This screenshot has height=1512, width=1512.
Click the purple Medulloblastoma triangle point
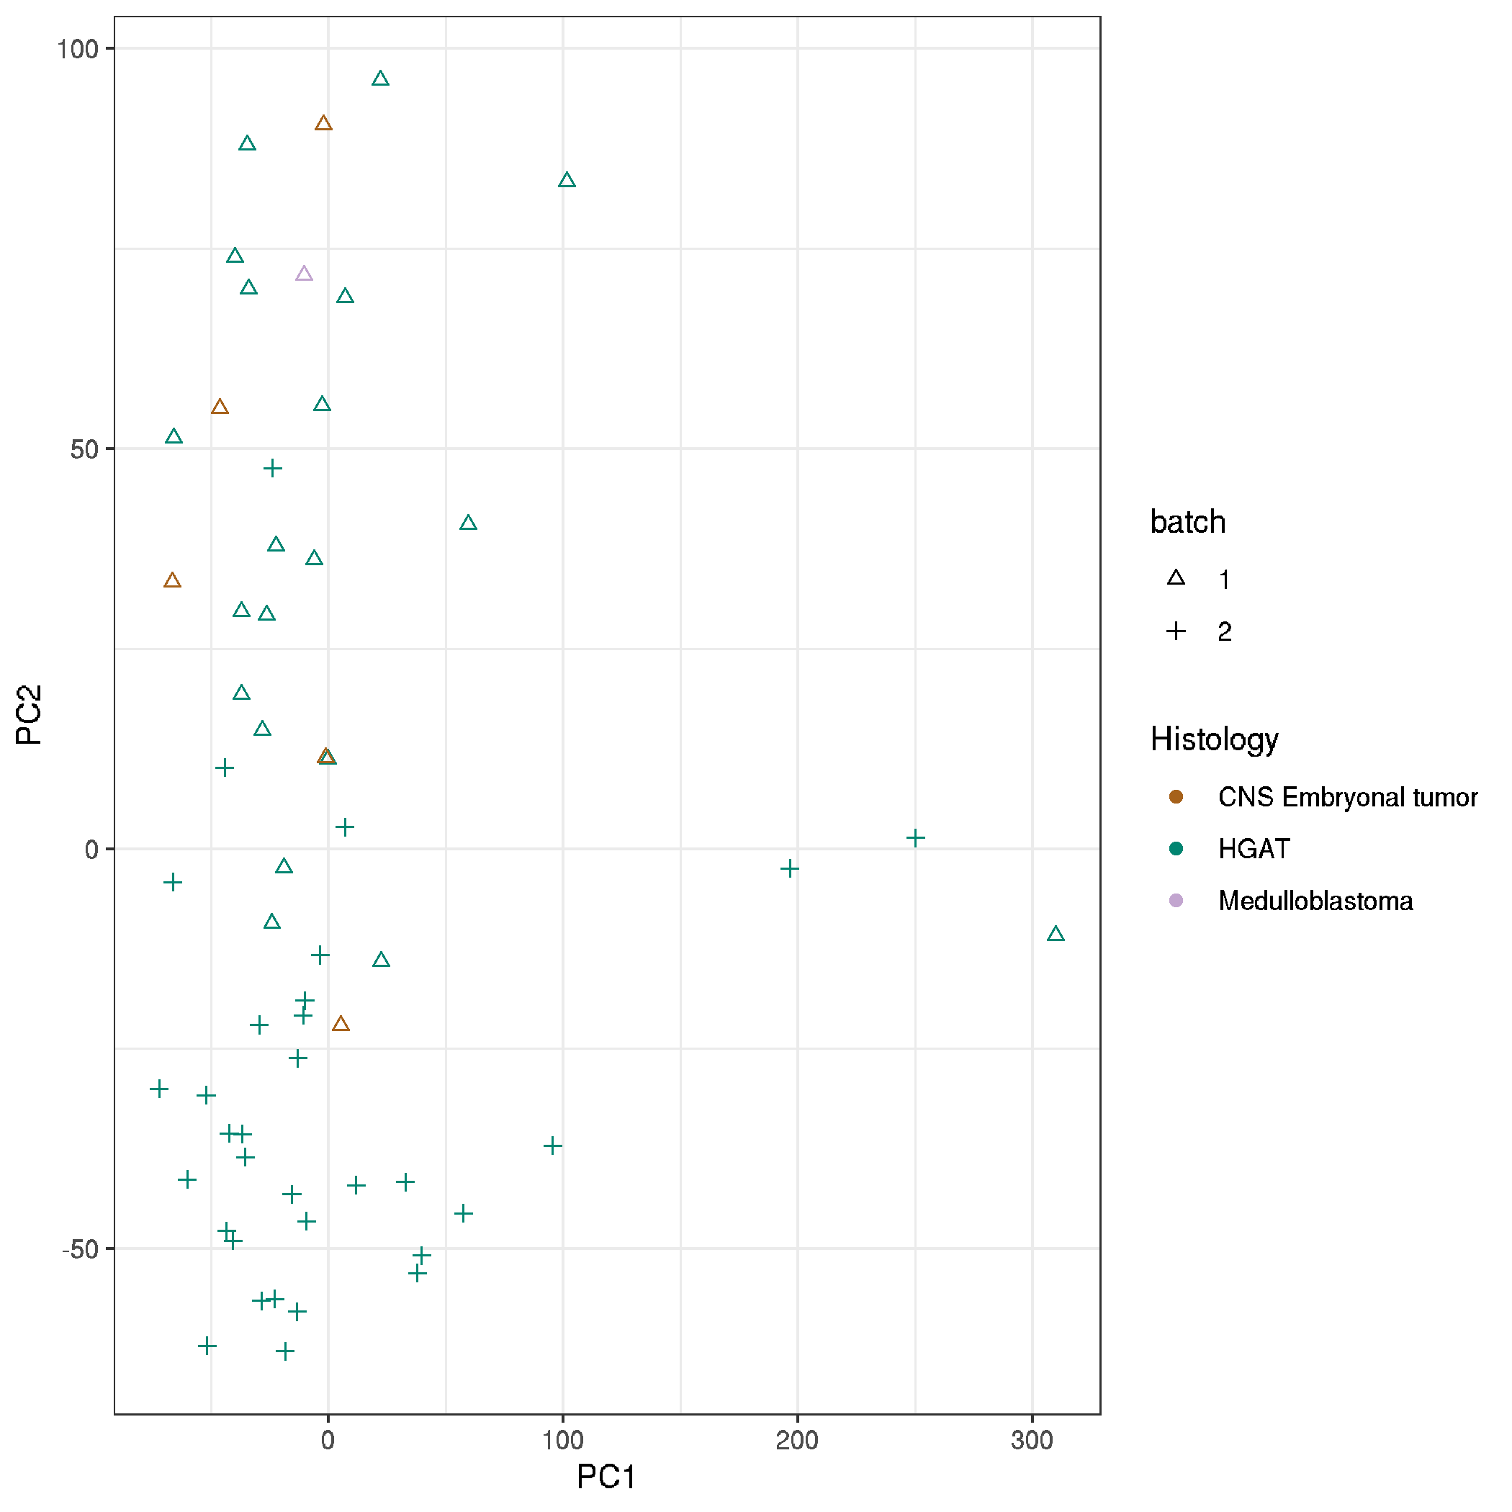pyautogui.click(x=304, y=274)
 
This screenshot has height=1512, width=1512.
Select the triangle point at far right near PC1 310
pyautogui.click(x=1056, y=935)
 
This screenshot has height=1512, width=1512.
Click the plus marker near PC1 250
pyautogui.click(x=915, y=838)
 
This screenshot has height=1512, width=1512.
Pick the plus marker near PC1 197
pyautogui.click(x=789, y=868)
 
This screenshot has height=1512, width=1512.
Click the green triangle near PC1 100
pyautogui.click(x=567, y=181)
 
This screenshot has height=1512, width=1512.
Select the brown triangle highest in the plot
pyautogui.click(x=323, y=124)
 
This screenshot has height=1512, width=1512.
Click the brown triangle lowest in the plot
pyautogui.click(x=340, y=1025)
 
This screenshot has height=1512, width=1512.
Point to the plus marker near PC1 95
pyautogui.click(x=552, y=1146)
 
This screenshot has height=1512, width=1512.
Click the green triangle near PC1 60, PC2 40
pyautogui.click(x=468, y=523)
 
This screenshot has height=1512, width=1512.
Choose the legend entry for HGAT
pyautogui.click(x=1253, y=849)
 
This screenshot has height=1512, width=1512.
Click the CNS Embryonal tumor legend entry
pyautogui.click(x=1347, y=798)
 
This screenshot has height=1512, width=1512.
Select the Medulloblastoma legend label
pyautogui.click(x=1315, y=901)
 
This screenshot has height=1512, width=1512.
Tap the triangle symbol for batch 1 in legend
pyautogui.click(x=1176, y=579)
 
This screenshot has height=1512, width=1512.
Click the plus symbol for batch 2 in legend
pyautogui.click(x=1176, y=631)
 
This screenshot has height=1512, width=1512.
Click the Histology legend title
pyautogui.click(x=1214, y=739)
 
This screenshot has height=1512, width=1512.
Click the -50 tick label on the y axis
pyautogui.click(x=81, y=1249)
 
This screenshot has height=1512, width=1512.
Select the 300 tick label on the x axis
pyautogui.click(x=1032, y=1440)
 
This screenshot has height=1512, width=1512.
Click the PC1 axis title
pyautogui.click(x=606, y=1477)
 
